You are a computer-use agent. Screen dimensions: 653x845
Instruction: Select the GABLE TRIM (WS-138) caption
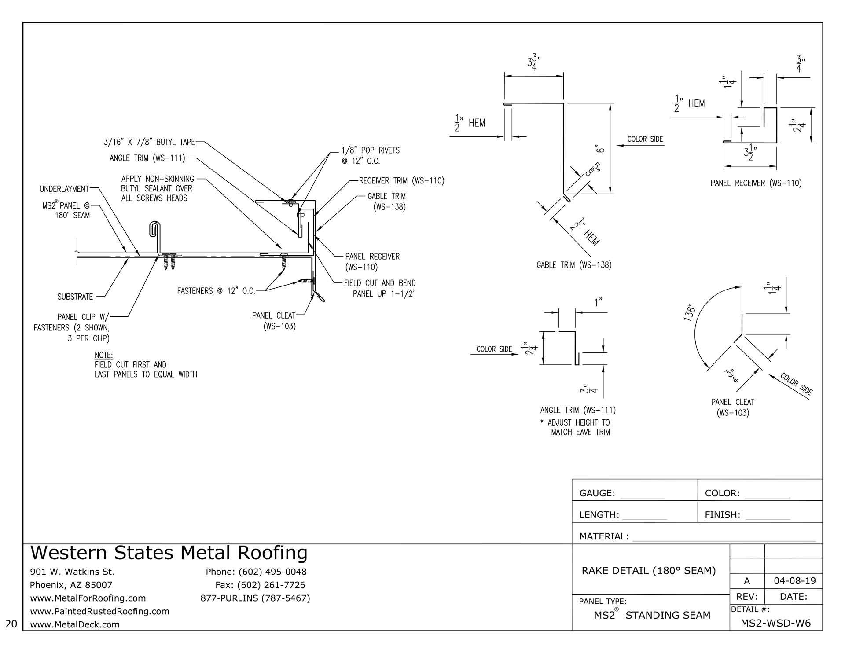[x=574, y=265]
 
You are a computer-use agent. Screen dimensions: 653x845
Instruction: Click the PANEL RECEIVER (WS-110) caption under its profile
[x=756, y=183]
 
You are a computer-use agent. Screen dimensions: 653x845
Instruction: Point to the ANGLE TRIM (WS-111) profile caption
[x=577, y=410]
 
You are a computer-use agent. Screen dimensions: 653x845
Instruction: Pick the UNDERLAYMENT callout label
[x=64, y=189]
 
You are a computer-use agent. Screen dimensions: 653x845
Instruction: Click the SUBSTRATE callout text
[x=75, y=297]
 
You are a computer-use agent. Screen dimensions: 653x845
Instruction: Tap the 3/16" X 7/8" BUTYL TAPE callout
[x=149, y=142]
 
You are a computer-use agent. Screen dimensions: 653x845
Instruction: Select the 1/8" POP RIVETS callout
[x=370, y=150]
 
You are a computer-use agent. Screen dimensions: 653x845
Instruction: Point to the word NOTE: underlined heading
[x=103, y=355]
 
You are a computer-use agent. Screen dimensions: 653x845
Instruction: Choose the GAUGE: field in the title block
[x=597, y=493]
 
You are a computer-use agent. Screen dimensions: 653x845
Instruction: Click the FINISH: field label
[x=722, y=515]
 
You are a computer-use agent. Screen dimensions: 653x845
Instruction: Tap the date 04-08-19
[x=794, y=581]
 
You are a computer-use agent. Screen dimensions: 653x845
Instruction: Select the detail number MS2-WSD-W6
[x=775, y=623]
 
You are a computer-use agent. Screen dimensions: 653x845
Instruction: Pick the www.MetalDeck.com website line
[x=74, y=624]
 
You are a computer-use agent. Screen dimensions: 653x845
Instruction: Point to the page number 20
[x=12, y=624]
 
